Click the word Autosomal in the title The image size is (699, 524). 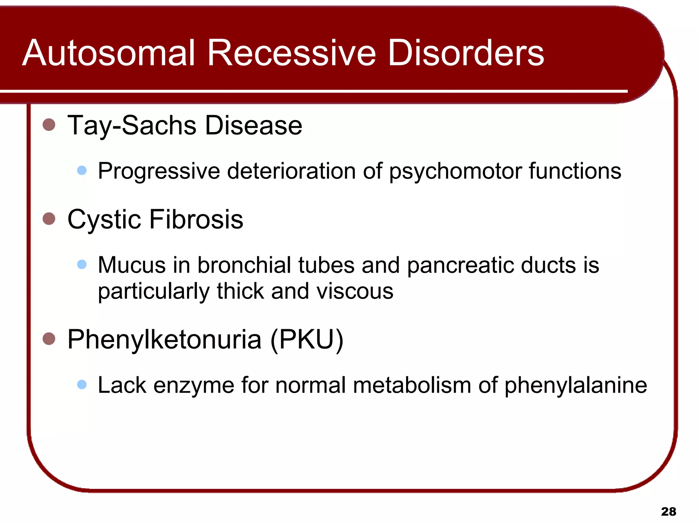pyautogui.click(x=109, y=53)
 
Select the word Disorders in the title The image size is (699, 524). pyautogui.click(x=466, y=53)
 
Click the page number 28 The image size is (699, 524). pyautogui.click(x=668, y=512)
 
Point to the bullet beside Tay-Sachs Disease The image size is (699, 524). pyautogui.click(x=49, y=125)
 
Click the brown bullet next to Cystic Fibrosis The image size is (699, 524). pyautogui.click(x=49, y=219)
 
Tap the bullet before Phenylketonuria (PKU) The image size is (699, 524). pyautogui.click(x=49, y=339)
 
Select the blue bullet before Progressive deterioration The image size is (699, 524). pyautogui.click(x=82, y=170)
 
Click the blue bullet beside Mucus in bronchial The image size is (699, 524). pyautogui.click(x=82, y=264)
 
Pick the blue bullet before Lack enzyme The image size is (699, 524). pyautogui.click(x=82, y=385)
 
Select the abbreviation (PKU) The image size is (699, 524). pyautogui.click(x=306, y=340)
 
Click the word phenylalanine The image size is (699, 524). pyautogui.click(x=575, y=386)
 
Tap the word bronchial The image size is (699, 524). pyautogui.click(x=244, y=265)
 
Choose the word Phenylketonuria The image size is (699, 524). pyautogui.click(x=165, y=340)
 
